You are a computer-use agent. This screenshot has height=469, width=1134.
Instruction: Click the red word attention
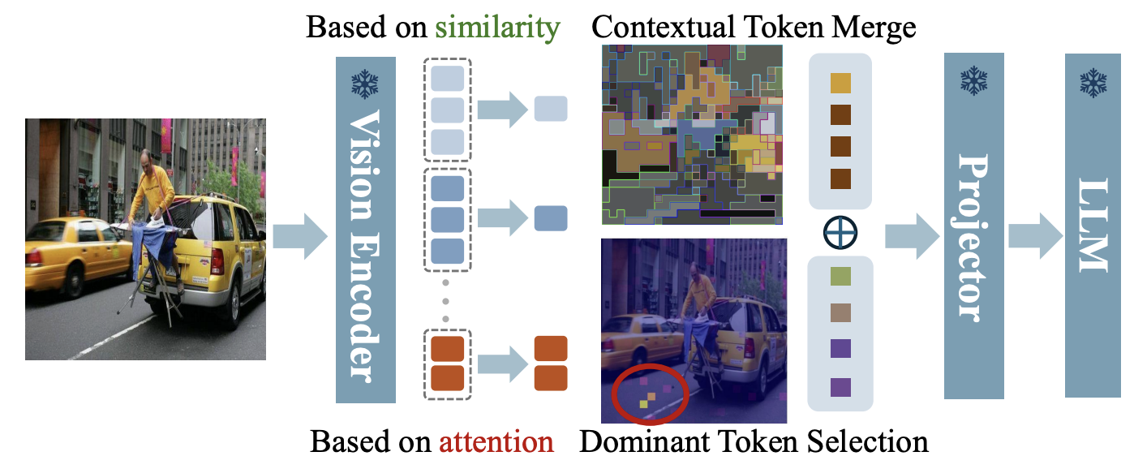pyautogui.click(x=496, y=441)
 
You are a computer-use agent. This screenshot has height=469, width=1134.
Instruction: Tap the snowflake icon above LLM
pyautogui.click(x=1093, y=81)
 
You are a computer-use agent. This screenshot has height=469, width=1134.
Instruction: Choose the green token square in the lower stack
pyautogui.click(x=840, y=278)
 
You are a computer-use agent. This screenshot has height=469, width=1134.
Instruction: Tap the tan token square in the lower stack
pyautogui.click(x=840, y=313)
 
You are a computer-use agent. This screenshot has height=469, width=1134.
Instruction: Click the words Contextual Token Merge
pyautogui.click(x=753, y=28)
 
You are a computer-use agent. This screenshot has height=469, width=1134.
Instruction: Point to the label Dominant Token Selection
pyautogui.click(x=753, y=441)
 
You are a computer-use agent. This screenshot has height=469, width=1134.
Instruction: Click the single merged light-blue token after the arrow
pyautogui.click(x=551, y=109)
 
